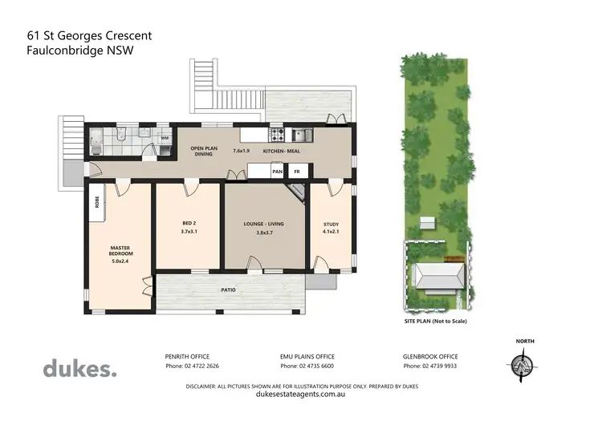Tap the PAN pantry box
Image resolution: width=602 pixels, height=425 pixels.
pos(277,171)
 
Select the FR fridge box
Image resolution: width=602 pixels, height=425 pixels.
pos(297,171)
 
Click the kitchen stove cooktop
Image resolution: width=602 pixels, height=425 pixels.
pos(276,135)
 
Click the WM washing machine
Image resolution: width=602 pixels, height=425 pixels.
pos(165,138)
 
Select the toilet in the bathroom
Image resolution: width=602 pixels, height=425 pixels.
pos(117,133)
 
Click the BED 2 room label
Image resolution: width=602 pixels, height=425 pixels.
pos(189,223)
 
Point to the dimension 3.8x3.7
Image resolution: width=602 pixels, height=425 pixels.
pos(265,233)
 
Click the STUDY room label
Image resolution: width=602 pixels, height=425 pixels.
pos(332,224)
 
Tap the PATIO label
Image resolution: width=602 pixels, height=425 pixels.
pos(229,289)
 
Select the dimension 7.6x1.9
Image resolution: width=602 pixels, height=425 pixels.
pos(241,150)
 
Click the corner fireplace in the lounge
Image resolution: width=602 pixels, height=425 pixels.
pos(298,191)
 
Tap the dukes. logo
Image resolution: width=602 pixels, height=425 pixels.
pos(79,369)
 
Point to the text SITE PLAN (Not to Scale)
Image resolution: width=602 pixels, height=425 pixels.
pos(435,321)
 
